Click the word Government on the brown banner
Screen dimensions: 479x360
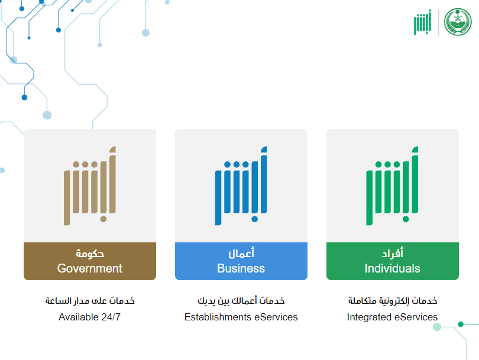pos(89,268)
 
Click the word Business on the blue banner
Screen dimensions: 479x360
pos(241,268)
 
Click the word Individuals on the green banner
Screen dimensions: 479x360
pos(393,268)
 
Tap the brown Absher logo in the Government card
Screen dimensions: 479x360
pos(90,186)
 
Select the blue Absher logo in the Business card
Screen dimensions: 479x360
pos(241,186)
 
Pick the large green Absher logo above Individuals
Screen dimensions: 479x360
pos(392,186)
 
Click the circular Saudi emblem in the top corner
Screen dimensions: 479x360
pos(458,22)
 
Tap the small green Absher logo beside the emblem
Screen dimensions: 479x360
pos(422,22)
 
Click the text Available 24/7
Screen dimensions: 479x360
pos(89,317)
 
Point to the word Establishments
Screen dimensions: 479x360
pos(218,317)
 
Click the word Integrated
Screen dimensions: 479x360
pos(369,317)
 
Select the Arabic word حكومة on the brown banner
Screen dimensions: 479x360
pos(90,254)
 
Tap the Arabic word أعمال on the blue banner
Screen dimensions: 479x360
pos(241,253)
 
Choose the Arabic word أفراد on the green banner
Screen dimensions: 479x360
pos(393,253)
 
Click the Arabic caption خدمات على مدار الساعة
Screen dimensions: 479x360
pos(90,301)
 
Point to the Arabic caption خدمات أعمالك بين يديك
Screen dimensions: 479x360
pos(241,301)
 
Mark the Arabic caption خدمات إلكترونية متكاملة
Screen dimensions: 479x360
pos(393,301)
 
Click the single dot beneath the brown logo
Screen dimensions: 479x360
pos(103,219)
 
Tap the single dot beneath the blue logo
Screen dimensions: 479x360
pos(255,219)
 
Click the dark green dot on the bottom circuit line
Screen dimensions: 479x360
pos(461,324)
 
